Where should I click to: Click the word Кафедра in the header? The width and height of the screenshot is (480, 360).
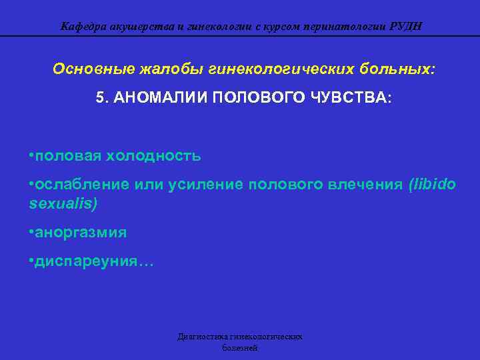(x=81, y=27)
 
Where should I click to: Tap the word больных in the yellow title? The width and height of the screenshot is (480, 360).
(x=393, y=69)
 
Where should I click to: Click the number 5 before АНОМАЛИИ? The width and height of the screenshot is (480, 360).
(x=100, y=97)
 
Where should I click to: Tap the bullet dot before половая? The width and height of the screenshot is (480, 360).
(x=32, y=156)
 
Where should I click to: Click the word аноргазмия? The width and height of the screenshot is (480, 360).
(x=81, y=233)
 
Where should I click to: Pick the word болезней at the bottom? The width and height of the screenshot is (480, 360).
(x=240, y=348)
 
